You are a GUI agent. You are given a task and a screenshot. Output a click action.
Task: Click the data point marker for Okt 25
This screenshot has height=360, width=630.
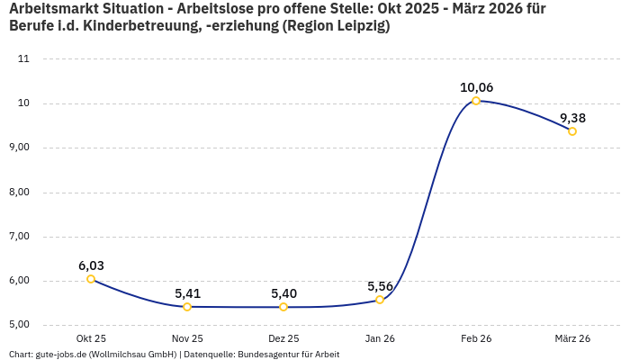pyautogui.click(x=91, y=279)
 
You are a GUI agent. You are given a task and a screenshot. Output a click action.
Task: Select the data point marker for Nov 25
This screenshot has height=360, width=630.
pyautogui.click(x=187, y=307)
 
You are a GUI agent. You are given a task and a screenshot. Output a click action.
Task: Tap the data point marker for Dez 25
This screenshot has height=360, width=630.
pyautogui.click(x=283, y=307)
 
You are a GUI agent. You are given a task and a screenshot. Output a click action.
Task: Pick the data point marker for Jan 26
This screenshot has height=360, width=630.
pyautogui.click(x=380, y=300)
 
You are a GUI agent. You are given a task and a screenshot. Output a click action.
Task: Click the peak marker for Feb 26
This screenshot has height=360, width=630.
pyautogui.click(x=476, y=101)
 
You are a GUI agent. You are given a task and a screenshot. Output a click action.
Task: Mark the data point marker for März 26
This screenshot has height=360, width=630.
pyautogui.click(x=572, y=131)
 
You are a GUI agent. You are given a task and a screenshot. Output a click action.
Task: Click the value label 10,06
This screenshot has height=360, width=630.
pyautogui.click(x=476, y=87)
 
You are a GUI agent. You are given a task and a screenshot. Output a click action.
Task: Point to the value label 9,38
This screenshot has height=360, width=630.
pyautogui.click(x=572, y=118)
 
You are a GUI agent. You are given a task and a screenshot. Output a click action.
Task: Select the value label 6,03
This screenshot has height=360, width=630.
pyautogui.click(x=91, y=265)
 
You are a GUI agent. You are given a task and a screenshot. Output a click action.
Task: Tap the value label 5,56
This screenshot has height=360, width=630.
pyautogui.click(x=380, y=286)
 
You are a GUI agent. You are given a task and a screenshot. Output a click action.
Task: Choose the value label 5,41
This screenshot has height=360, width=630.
pyautogui.click(x=187, y=293)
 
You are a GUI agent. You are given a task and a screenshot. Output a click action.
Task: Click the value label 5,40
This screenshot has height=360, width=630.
pyautogui.click(x=283, y=293)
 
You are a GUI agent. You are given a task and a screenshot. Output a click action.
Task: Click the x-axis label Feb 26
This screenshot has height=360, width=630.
pyautogui.click(x=476, y=338)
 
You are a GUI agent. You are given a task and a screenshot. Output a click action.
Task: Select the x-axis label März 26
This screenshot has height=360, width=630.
pyautogui.click(x=572, y=338)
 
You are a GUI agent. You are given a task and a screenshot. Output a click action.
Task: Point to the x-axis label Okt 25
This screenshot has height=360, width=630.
pyautogui.click(x=91, y=338)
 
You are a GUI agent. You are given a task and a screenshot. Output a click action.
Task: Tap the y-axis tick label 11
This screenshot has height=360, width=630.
pyautogui.click(x=24, y=59)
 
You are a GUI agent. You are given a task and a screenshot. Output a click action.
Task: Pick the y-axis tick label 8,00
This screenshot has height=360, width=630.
pyautogui.click(x=19, y=192)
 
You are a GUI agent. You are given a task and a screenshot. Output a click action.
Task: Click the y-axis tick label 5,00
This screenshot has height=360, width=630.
pyautogui.click(x=19, y=325)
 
